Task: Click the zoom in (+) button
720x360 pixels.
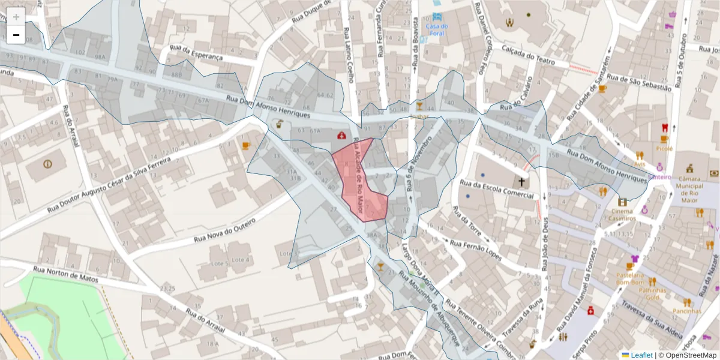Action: click(16, 17)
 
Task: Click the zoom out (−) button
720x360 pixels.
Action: click(16, 35)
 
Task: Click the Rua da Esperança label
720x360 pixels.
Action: click(196, 52)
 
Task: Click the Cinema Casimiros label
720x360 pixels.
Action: click(622, 214)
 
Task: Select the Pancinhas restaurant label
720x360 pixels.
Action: click(686, 311)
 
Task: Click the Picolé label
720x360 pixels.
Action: click(664, 148)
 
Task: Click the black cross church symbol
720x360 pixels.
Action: click(521, 182)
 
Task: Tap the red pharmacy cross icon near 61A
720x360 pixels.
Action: click(341, 136)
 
